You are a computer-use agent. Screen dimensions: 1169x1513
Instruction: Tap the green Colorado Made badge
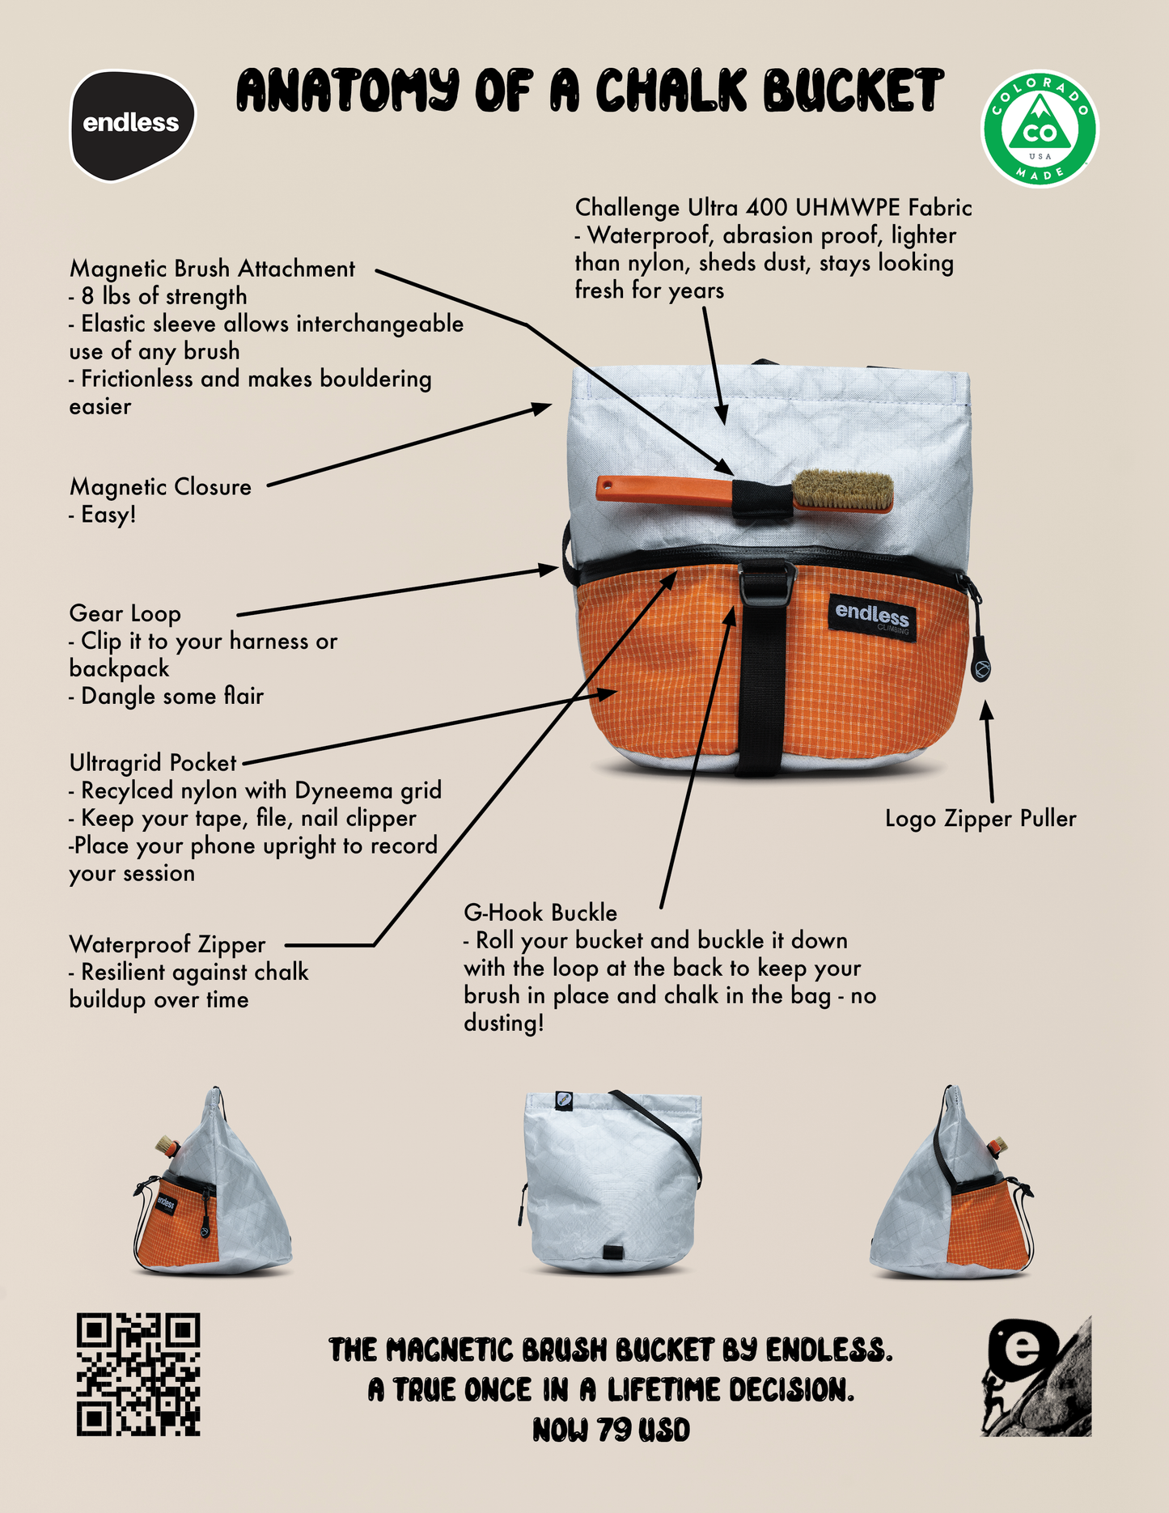click(1040, 129)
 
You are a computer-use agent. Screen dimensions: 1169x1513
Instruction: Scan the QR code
click(138, 1374)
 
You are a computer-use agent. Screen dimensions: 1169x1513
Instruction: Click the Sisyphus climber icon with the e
click(1036, 1375)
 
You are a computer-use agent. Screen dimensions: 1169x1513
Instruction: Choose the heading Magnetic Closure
click(160, 487)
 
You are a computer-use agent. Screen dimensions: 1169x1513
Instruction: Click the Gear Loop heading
click(125, 614)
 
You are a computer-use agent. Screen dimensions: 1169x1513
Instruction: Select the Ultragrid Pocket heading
click(153, 763)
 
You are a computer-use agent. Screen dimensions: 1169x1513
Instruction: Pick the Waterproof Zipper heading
click(167, 944)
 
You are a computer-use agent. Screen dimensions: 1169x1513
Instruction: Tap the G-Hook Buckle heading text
click(540, 913)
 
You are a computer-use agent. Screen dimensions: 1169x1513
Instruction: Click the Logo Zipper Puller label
click(981, 819)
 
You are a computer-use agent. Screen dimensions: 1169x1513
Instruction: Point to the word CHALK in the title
click(672, 90)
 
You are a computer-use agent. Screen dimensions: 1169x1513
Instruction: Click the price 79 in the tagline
click(614, 1430)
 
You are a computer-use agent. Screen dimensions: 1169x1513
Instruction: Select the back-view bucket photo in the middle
click(611, 1181)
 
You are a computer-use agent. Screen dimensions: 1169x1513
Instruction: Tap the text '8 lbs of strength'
click(158, 297)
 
